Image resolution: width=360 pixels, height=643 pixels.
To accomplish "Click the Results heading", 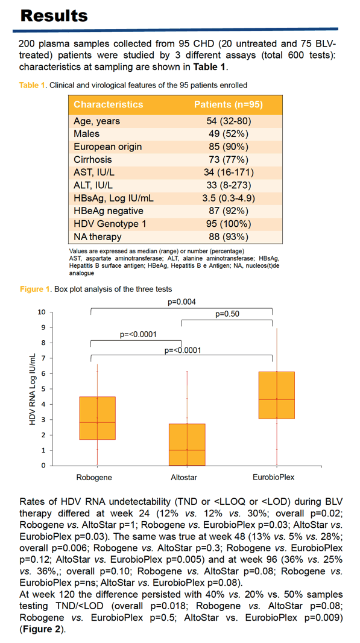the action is pos(54,16).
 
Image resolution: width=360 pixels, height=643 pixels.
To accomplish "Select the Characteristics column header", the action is pos(109,104).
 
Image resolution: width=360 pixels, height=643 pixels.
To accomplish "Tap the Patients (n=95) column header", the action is pos(229,104).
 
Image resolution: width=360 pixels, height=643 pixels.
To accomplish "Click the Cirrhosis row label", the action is pos(93,159).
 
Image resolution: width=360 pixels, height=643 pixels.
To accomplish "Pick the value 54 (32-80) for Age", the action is pos(229,121).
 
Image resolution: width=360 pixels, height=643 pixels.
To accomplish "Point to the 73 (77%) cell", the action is pos(229,159).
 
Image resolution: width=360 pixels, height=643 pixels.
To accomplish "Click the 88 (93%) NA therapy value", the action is pos(229,237).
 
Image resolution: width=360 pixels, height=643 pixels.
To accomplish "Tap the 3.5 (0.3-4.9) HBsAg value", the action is pos(229,198).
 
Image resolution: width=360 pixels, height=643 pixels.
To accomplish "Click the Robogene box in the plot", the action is pos(97,418).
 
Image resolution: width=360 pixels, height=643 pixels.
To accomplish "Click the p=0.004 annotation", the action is pos(182,302).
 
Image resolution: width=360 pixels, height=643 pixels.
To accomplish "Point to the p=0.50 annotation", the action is pos(227,314).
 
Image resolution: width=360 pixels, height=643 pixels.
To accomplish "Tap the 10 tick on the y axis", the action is pos(42,312).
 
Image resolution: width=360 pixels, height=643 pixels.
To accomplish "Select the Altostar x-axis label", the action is pos(187,477).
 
